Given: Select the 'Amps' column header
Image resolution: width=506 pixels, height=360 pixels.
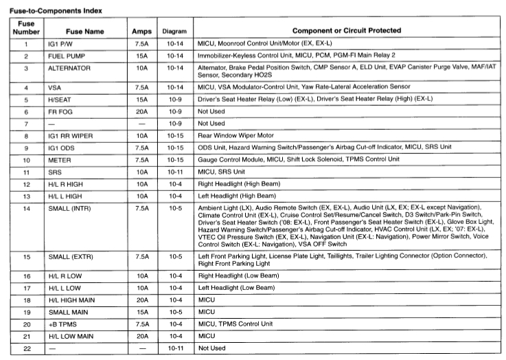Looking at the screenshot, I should coord(141,32).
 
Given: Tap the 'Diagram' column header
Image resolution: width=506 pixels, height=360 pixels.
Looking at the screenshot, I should coord(174,32).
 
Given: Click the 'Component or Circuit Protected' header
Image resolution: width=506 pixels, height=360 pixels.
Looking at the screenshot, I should coord(347,31).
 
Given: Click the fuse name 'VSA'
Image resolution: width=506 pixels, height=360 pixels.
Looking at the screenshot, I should coord(55,87).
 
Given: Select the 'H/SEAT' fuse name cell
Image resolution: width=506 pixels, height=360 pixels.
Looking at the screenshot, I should coord(60,99).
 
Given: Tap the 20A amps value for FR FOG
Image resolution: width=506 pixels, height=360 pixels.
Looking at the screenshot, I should coord(141,111).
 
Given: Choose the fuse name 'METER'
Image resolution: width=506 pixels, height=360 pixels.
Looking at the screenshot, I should coord(60,160).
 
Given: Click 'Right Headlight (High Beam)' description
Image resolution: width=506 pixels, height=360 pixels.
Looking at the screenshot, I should coord(240,184).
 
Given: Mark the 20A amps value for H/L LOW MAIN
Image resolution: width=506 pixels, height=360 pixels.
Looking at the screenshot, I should coord(141,336).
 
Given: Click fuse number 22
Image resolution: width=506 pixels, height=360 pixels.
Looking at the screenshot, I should coord(26,348).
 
